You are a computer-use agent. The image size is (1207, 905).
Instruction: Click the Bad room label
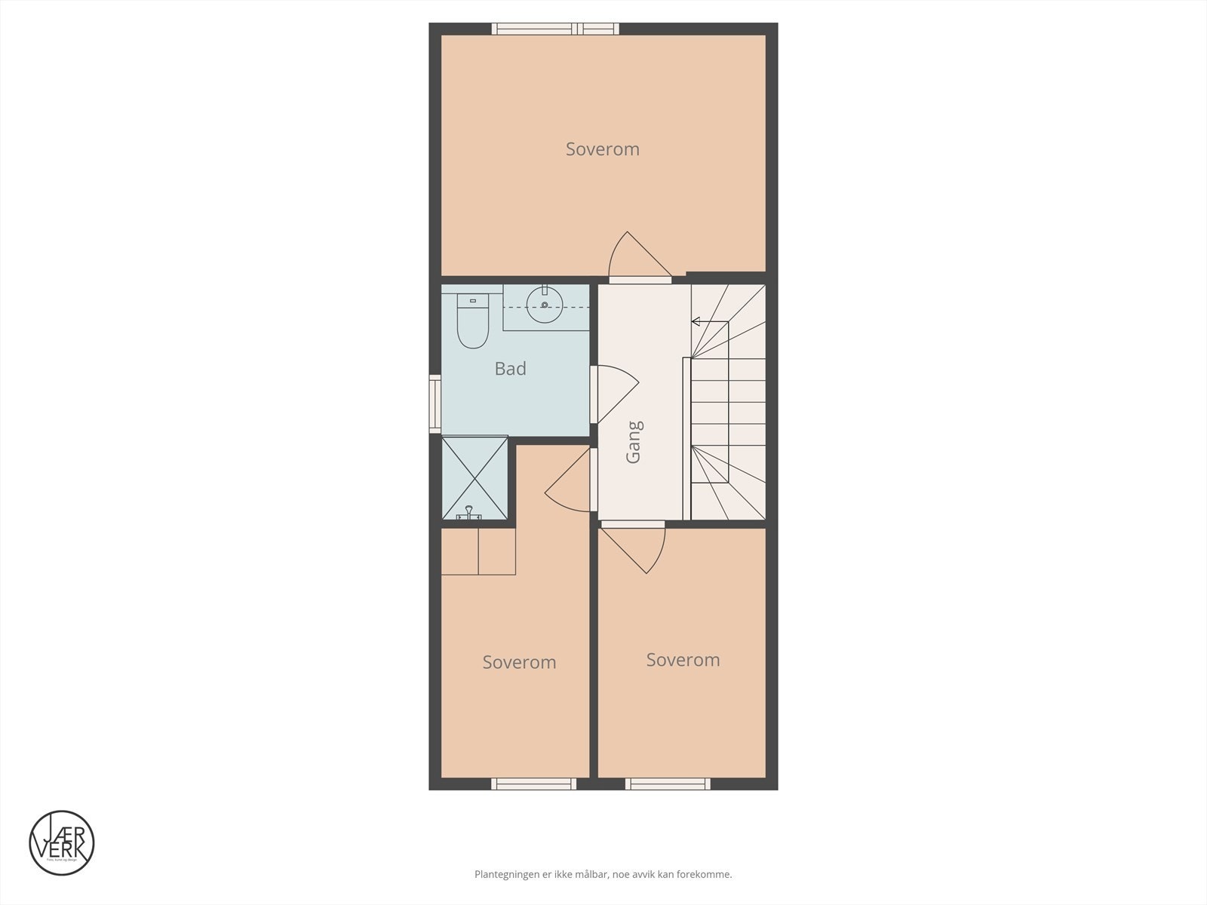(510, 369)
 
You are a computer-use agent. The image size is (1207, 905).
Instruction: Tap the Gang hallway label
(634, 442)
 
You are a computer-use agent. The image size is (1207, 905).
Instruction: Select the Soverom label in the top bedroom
(602, 149)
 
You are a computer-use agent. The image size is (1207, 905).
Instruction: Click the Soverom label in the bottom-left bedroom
(519, 662)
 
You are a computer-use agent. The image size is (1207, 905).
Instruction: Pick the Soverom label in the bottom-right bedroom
(683, 660)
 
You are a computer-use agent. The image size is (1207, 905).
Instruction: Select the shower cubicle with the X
(475, 478)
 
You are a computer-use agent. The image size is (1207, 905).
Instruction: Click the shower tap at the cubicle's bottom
(469, 514)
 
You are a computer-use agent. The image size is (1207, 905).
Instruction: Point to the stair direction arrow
(696, 322)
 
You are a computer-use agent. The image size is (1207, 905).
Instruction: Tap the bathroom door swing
(616, 392)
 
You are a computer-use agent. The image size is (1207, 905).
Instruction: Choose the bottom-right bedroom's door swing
(638, 547)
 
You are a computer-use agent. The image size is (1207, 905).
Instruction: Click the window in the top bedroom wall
(555, 29)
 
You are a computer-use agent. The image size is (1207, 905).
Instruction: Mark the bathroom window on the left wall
(435, 403)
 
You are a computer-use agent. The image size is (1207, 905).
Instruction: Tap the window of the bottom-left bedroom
(533, 784)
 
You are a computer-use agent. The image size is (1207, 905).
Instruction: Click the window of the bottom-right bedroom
(668, 784)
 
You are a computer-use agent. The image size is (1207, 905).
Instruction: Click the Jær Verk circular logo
(62, 843)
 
